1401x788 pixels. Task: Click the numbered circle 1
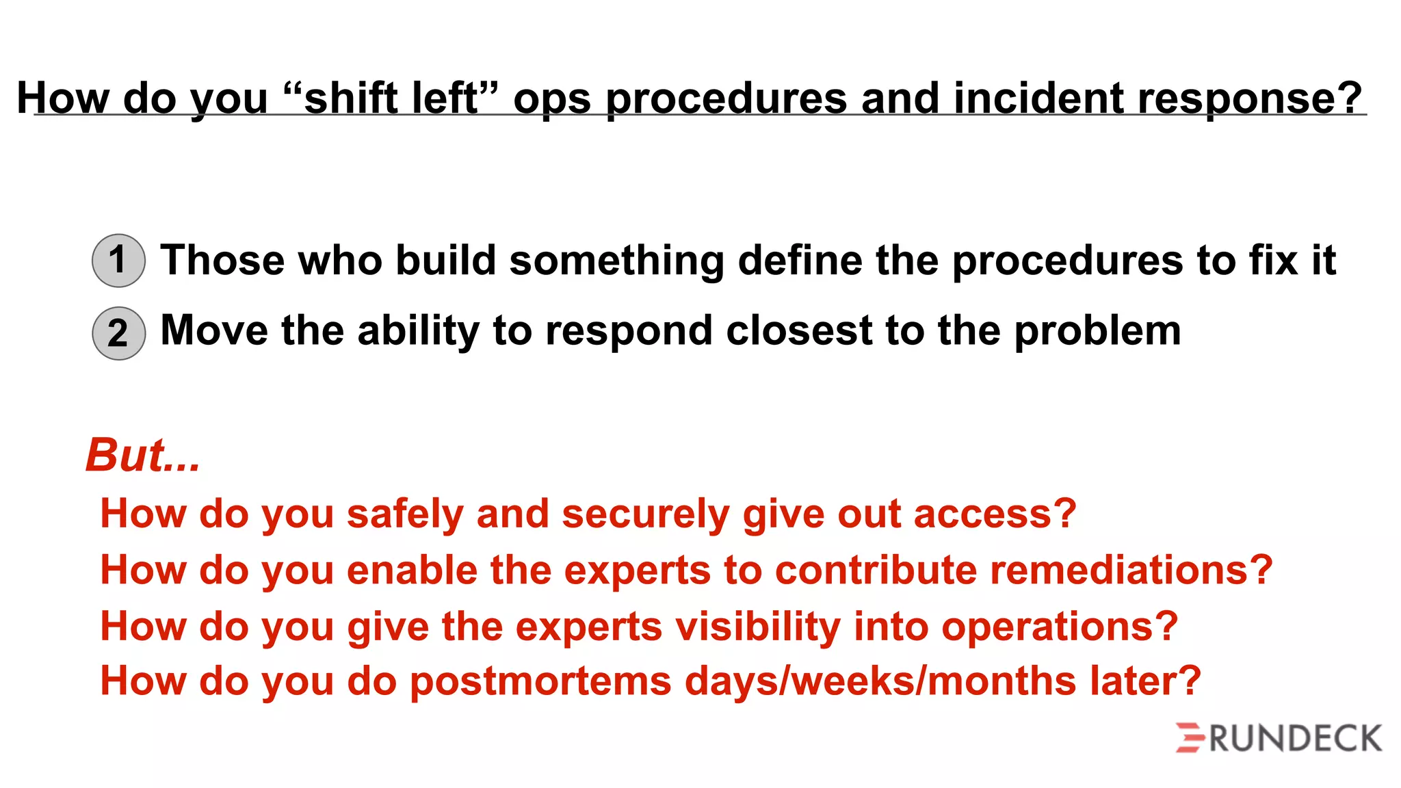pyautogui.click(x=118, y=261)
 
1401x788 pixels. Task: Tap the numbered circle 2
pyautogui.click(x=118, y=333)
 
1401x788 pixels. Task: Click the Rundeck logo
pyautogui.click(x=1279, y=739)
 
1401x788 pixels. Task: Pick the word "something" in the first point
pyautogui.click(x=616, y=261)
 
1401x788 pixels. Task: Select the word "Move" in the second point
pyautogui.click(x=214, y=330)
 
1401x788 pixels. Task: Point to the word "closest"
pyautogui.click(x=799, y=330)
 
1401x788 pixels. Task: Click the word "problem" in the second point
pyautogui.click(x=1097, y=332)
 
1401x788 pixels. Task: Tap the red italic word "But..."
pyautogui.click(x=143, y=455)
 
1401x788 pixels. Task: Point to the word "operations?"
pyautogui.click(x=1060, y=627)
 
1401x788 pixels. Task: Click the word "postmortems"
pyautogui.click(x=540, y=682)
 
